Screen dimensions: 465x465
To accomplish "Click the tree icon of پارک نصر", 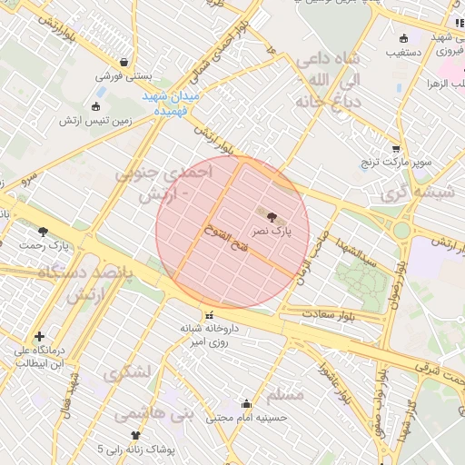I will [x=272, y=215].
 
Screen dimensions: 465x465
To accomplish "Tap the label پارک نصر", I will [x=273, y=232].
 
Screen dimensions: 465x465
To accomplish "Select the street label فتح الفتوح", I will [x=223, y=237].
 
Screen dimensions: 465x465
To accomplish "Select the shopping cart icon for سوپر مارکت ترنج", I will [x=395, y=148].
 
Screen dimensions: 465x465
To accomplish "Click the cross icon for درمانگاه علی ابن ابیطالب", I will [x=39, y=336].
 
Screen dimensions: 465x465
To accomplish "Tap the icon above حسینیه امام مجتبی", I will [x=245, y=403].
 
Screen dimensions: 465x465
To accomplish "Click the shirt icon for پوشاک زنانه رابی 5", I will [x=136, y=435].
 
